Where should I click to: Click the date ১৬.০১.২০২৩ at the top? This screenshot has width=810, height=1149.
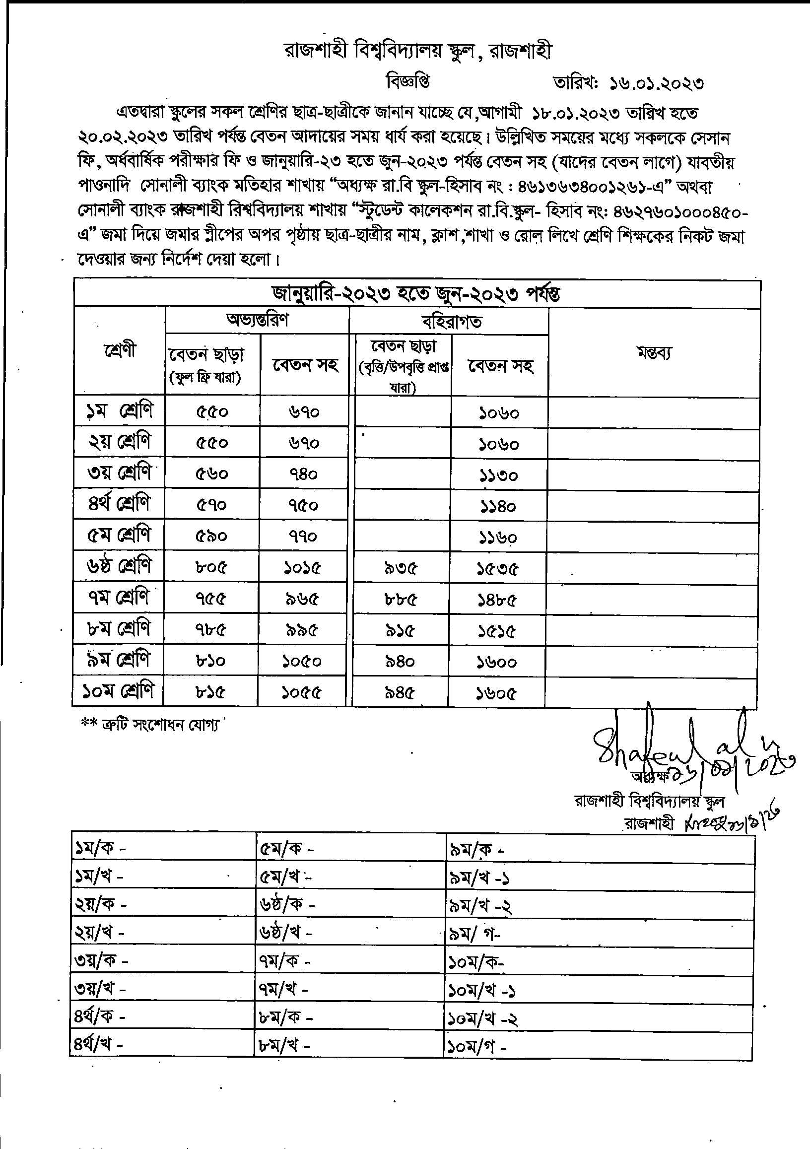coord(656,83)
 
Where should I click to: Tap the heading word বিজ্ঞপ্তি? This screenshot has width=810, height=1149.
coord(408,81)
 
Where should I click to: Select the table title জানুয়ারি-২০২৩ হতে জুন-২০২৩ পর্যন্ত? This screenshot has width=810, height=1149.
coord(416,294)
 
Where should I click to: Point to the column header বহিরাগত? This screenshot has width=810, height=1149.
coord(452,321)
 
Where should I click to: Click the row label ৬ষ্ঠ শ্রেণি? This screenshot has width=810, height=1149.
coord(119,566)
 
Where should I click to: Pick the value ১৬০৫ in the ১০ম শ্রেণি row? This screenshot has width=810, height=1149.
coord(496,693)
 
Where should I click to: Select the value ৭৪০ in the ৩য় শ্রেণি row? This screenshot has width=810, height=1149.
coord(303,474)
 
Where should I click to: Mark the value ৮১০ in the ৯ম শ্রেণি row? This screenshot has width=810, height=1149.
coord(210,662)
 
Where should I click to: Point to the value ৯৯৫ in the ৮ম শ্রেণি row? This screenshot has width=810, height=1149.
coord(302,630)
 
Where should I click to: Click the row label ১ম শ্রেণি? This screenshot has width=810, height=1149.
coord(119,411)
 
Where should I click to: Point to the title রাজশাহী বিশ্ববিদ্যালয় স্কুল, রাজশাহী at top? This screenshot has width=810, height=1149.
coord(418,51)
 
